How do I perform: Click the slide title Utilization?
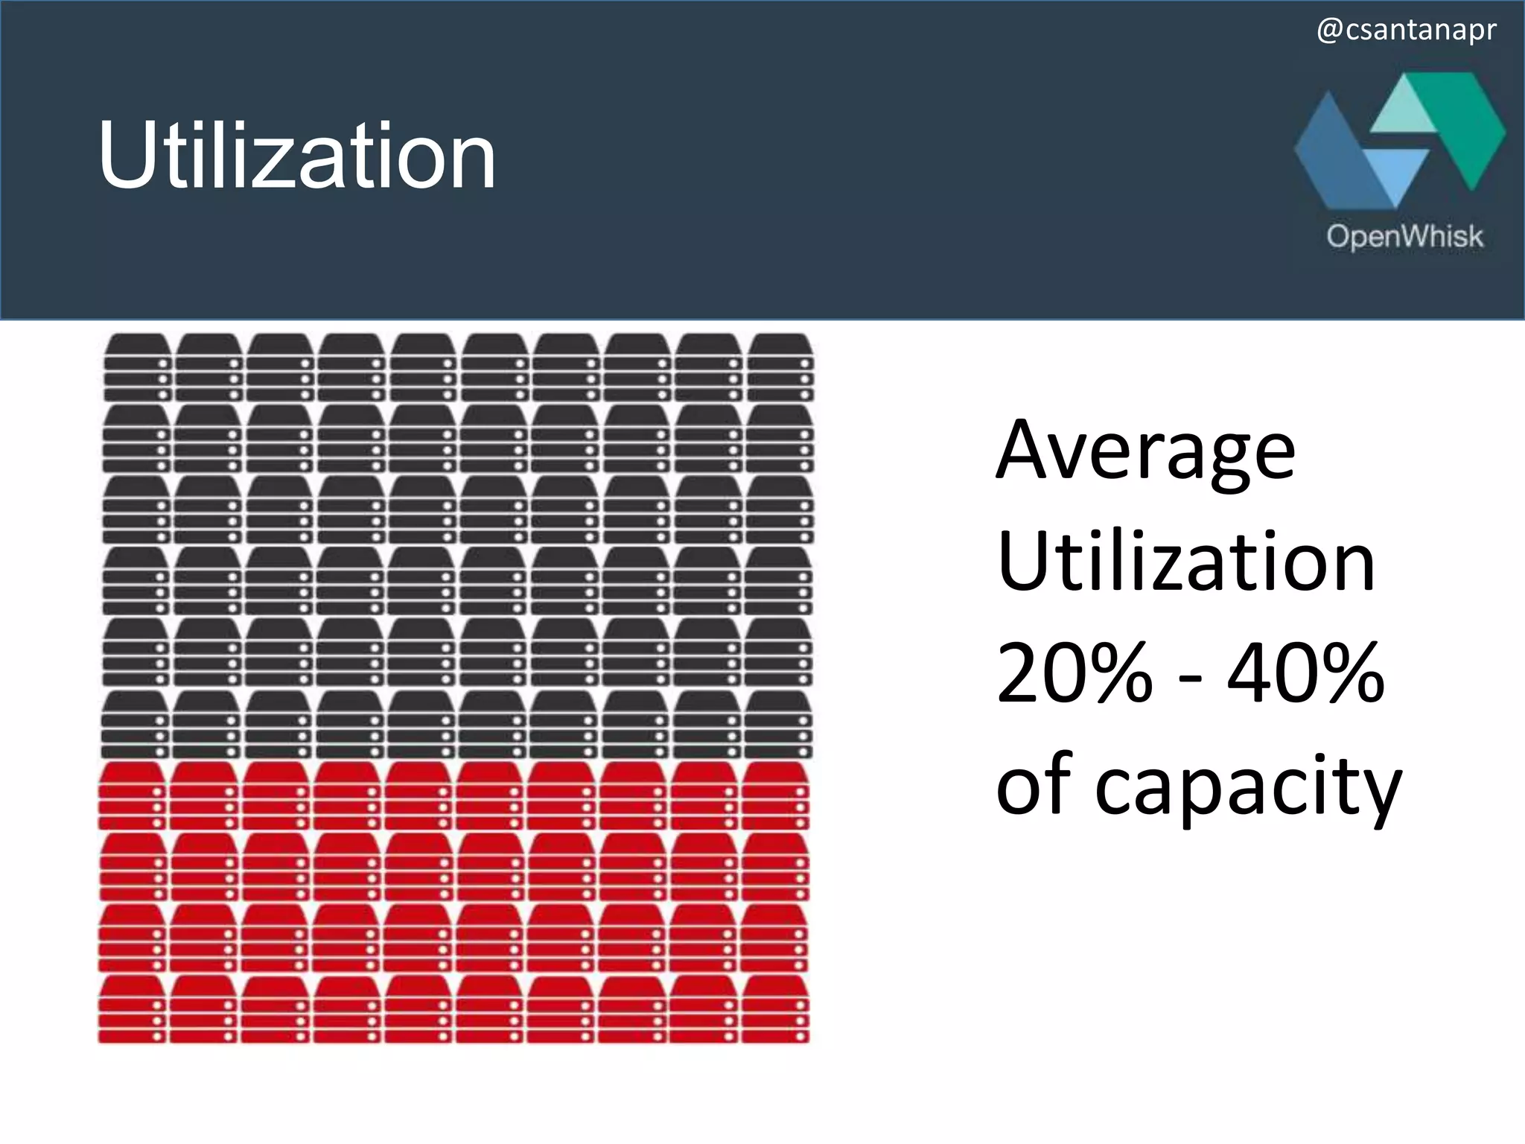point(296,156)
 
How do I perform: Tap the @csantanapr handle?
point(1406,31)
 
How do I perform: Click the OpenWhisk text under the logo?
point(1404,237)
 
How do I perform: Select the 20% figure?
point(1074,674)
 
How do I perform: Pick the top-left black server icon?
point(138,367)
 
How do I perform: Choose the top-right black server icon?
point(780,367)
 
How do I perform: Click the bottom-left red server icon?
point(132,1009)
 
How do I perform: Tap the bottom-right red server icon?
point(775,1009)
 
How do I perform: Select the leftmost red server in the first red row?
point(132,795)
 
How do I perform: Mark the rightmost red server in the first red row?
point(776,795)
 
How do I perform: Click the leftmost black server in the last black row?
point(135,725)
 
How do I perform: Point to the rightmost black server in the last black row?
point(778,725)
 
